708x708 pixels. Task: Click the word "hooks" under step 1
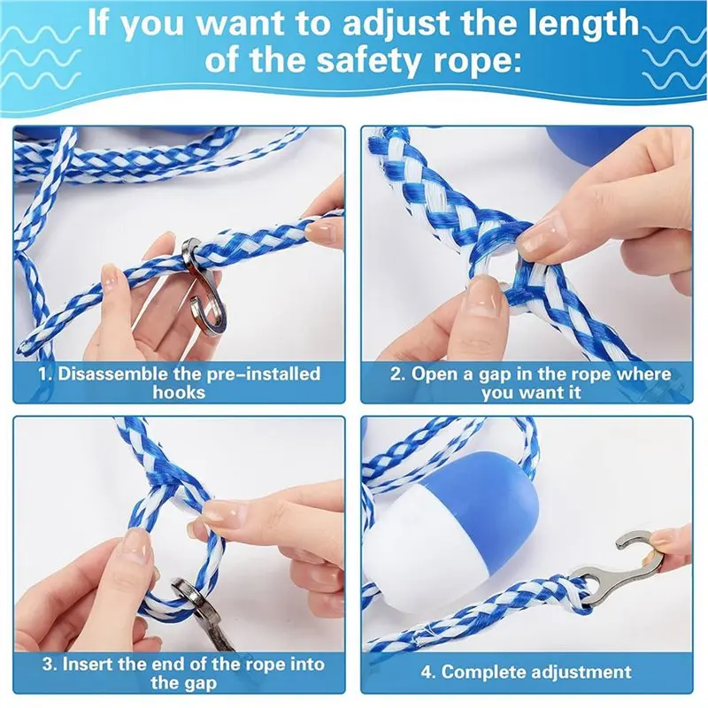tap(179, 392)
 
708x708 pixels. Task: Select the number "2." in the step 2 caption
tap(397, 374)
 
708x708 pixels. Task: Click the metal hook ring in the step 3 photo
tap(189, 595)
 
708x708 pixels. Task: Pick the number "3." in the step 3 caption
tap(50, 665)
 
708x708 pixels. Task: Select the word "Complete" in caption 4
tap(483, 673)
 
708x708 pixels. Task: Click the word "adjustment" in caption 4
tap(581, 673)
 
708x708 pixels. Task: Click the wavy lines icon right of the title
tap(673, 58)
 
